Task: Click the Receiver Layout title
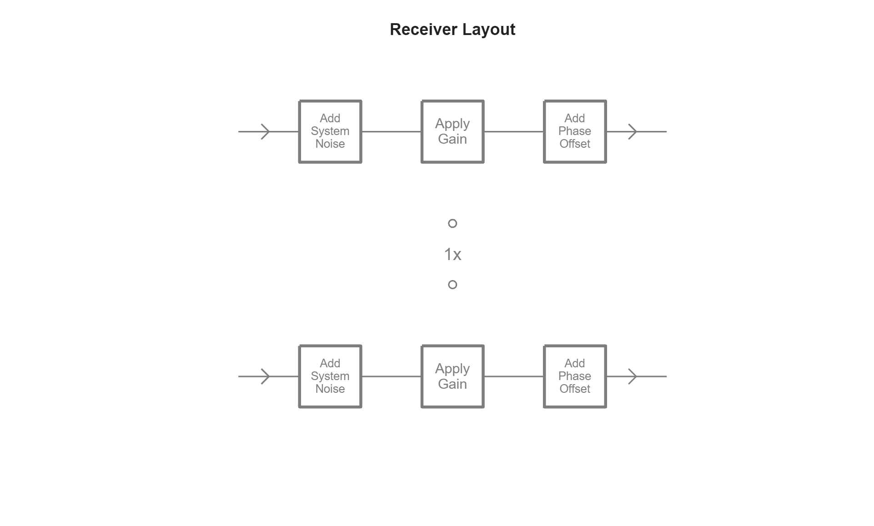pyautogui.click(x=452, y=30)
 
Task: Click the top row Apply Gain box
pyautogui.click(x=452, y=131)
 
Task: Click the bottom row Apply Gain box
pyautogui.click(x=452, y=376)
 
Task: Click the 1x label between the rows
pyautogui.click(x=452, y=255)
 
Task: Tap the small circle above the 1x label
pyautogui.click(x=452, y=223)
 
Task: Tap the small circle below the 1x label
pyautogui.click(x=452, y=285)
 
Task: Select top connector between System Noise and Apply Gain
pyautogui.click(x=391, y=132)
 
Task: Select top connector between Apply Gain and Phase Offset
pyautogui.click(x=514, y=132)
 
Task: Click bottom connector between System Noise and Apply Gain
pyautogui.click(x=391, y=376)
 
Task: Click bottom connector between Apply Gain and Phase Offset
pyautogui.click(x=514, y=376)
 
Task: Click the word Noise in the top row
pyautogui.click(x=330, y=144)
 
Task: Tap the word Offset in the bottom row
pyautogui.click(x=575, y=389)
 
